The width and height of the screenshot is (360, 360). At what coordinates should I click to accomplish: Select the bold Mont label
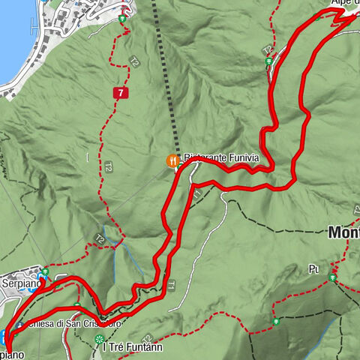[343, 233]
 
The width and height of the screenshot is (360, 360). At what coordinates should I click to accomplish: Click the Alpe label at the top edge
[345, 3]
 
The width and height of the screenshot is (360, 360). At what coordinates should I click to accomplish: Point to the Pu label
[313, 268]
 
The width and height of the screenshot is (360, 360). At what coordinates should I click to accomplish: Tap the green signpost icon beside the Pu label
[332, 277]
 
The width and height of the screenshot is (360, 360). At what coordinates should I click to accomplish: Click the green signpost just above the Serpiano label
[45, 271]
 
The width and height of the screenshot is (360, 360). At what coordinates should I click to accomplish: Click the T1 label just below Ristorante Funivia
[196, 194]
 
